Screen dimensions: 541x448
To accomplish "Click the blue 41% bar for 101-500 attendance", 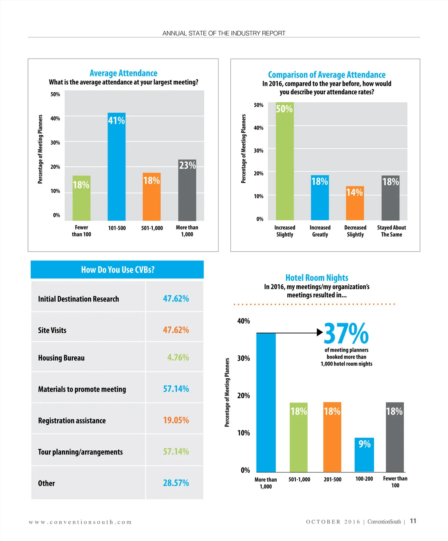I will point(116,168).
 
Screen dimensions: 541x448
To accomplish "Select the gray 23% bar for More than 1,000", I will point(187,190).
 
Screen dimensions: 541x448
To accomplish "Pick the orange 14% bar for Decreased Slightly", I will point(355,203).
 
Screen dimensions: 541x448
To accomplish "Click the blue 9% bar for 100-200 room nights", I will point(364,455).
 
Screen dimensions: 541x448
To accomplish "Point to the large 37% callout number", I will point(346,334).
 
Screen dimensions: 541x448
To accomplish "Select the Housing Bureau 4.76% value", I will point(178,357).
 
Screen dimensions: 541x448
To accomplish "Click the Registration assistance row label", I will point(72,420).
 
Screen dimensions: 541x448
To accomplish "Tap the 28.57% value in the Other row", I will point(176,483).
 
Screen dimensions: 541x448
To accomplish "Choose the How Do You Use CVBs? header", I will point(117,269).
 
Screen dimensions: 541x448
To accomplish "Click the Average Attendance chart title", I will point(123,73).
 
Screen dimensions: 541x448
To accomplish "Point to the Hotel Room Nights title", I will point(317,278).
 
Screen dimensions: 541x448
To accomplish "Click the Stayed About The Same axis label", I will point(391,231).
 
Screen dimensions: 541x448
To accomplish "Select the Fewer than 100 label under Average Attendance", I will point(81,231).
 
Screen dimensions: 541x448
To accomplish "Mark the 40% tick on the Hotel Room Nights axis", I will point(243,321).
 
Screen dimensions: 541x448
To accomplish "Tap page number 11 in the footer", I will point(413,521).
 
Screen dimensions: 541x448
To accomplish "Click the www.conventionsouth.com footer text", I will point(80,522).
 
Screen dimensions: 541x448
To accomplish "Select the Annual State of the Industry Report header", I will point(224,33).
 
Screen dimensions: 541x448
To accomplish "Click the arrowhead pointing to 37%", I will point(320,332).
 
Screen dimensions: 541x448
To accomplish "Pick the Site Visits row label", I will point(52,330).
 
